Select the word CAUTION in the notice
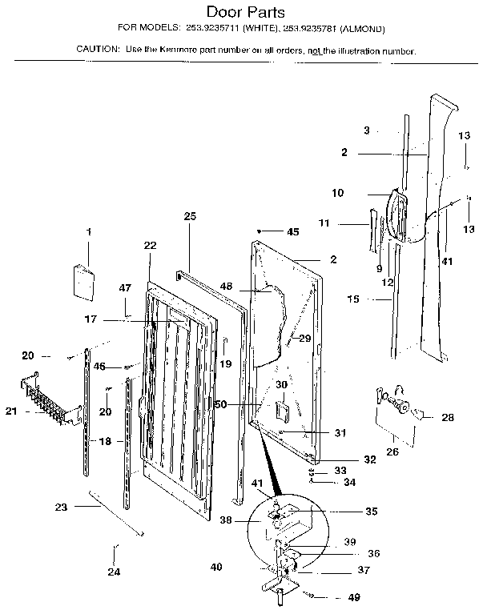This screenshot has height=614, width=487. [x=97, y=50]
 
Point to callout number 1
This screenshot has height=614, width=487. [x=88, y=232]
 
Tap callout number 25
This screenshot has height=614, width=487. [x=190, y=216]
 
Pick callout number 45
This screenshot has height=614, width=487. [x=293, y=232]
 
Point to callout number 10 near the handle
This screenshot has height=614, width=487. [x=337, y=193]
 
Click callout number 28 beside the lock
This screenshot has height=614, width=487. [x=448, y=417]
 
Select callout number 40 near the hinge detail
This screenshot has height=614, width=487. [x=215, y=567]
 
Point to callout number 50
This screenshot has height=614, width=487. [x=220, y=405]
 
